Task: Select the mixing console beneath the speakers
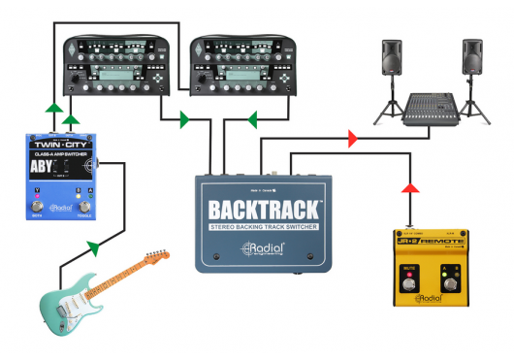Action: [x=431, y=106]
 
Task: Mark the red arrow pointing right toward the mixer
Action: [x=352, y=139]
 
